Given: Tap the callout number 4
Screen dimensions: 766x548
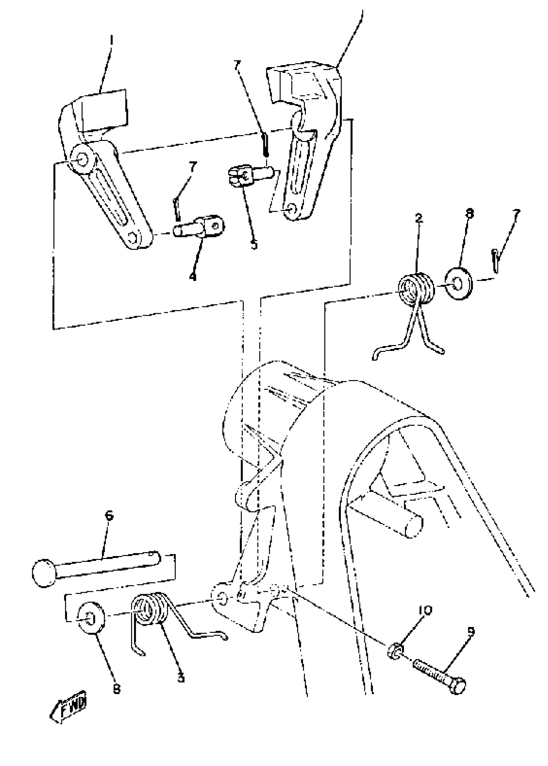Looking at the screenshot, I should (x=192, y=277).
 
